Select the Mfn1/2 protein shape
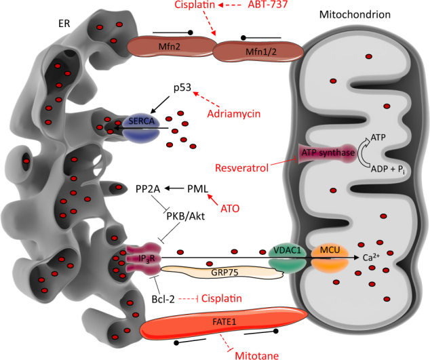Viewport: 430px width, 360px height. click(x=252, y=49)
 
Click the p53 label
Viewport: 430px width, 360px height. click(x=182, y=88)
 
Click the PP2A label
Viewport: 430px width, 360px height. click(x=147, y=189)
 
